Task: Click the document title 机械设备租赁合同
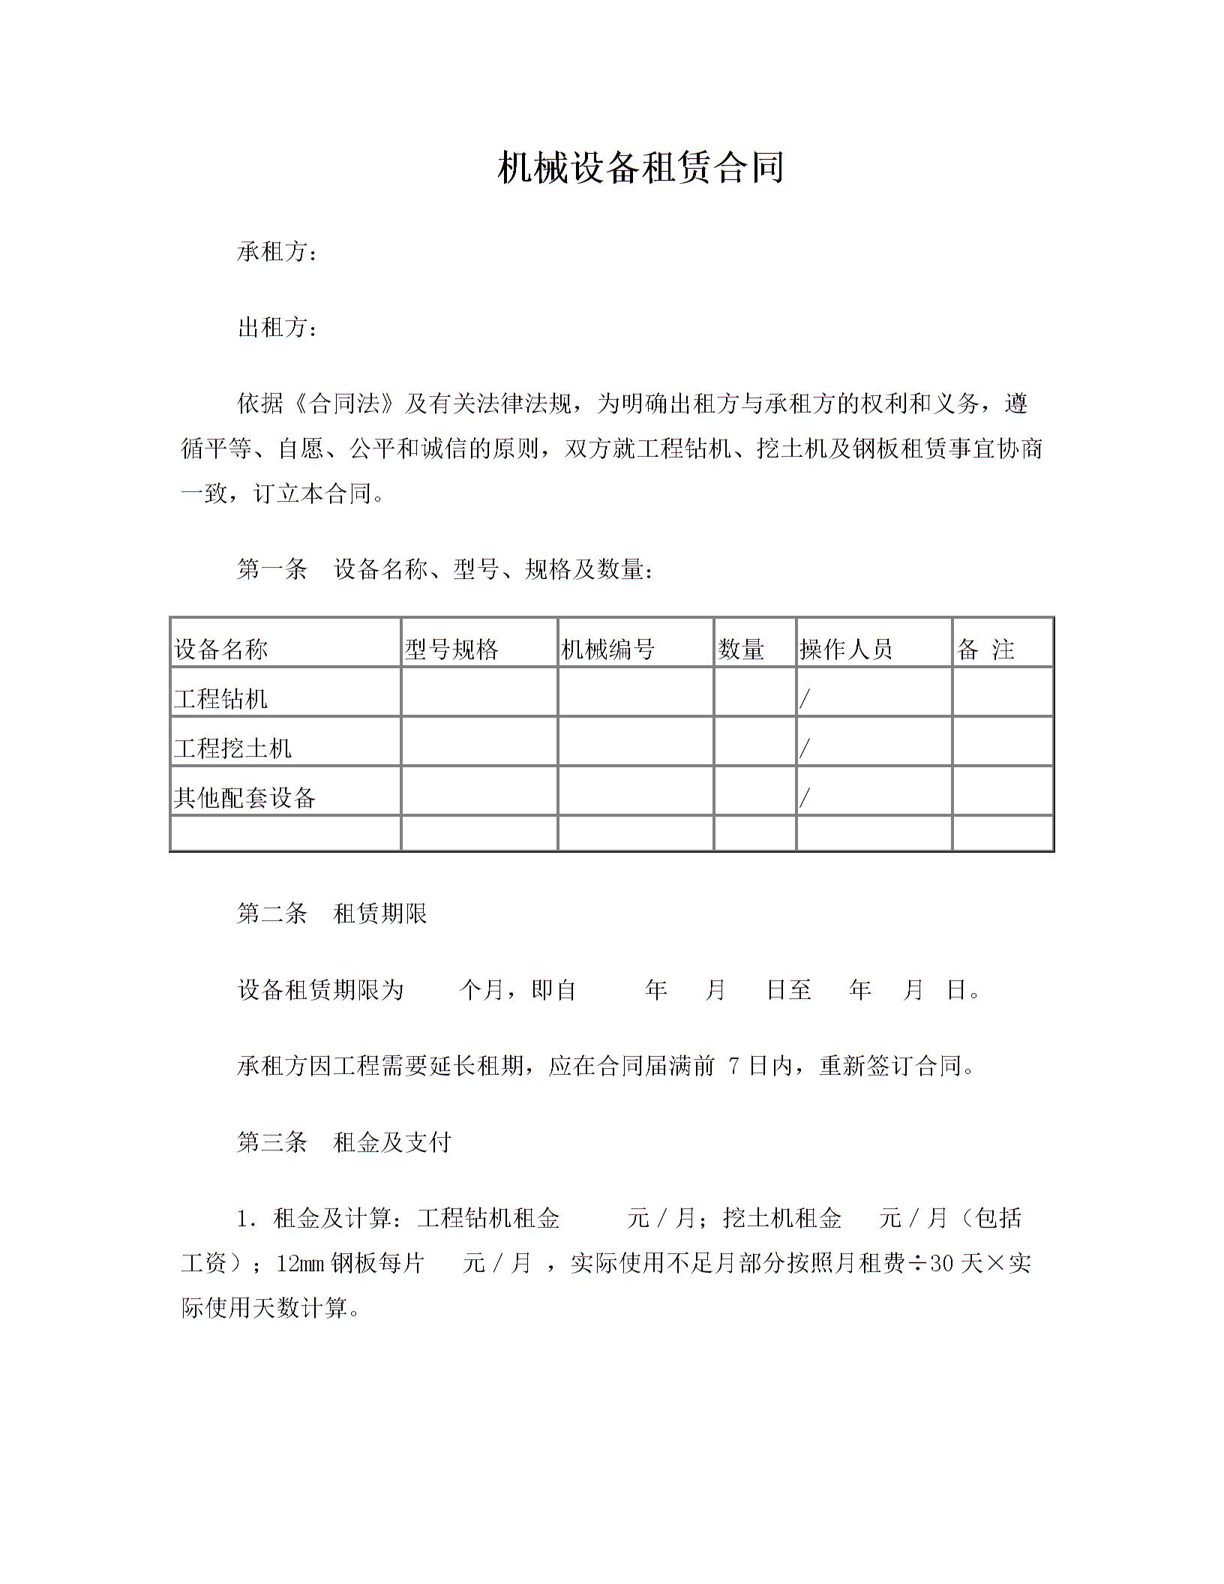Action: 640,168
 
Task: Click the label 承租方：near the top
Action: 277,252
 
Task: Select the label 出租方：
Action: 277,328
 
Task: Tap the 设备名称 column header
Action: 221,649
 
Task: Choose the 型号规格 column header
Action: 451,649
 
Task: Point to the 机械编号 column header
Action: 607,649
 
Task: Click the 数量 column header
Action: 741,649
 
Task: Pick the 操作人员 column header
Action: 846,649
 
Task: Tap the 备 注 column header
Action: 985,649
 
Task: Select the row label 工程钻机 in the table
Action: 221,699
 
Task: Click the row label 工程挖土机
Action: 232,748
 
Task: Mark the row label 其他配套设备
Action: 244,798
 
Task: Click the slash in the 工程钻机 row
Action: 805,700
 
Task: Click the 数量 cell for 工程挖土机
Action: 754,742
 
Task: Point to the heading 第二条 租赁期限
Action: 331,913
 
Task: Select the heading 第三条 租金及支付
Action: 343,1142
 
